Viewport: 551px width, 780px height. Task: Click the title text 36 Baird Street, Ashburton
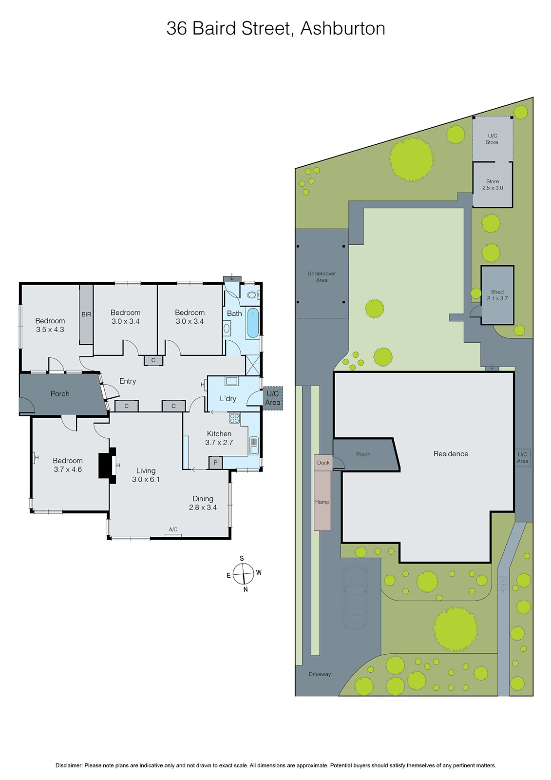[276, 28]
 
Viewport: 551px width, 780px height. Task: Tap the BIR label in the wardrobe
[86, 314]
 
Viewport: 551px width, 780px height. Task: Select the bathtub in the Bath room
[252, 323]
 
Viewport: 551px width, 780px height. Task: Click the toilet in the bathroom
[252, 295]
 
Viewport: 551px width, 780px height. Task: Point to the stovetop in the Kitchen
[234, 418]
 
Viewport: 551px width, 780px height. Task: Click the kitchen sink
[254, 446]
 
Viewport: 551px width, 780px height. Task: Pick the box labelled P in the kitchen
[215, 463]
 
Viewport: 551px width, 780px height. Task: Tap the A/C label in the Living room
[173, 529]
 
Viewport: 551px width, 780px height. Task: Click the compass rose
[243, 573]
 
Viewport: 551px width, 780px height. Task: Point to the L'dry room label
[228, 399]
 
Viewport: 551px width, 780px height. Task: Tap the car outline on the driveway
[355, 597]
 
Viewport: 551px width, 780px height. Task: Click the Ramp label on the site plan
[322, 502]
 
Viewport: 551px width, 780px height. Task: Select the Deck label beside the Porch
[323, 463]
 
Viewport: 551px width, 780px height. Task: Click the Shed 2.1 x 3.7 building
[497, 295]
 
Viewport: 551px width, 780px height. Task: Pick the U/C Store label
[492, 139]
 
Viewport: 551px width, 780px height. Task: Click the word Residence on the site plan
[451, 454]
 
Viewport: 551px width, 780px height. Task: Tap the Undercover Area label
[322, 276]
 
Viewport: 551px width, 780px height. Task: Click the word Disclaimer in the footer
[69, 765]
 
